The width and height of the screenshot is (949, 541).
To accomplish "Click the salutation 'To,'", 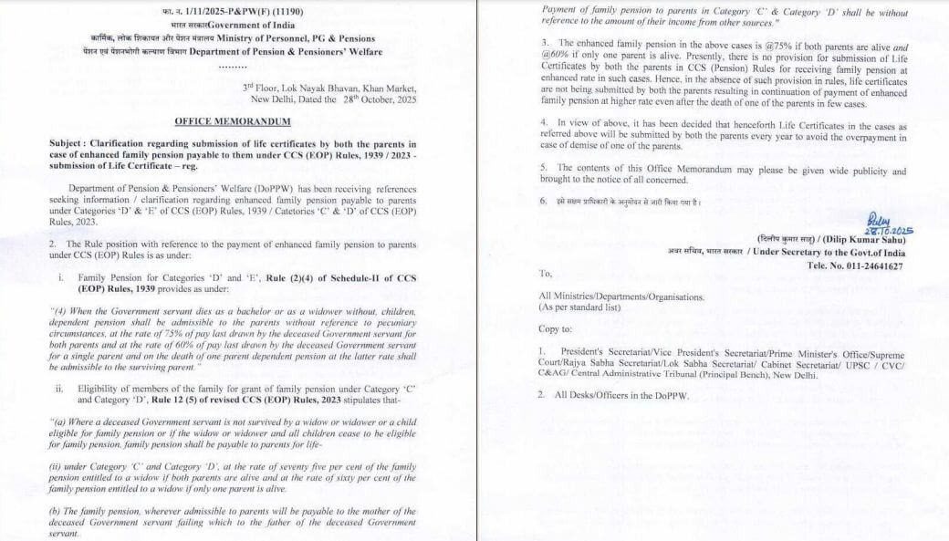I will tap(546, 274).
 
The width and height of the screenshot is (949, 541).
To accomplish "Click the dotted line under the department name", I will tap(233, 66).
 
